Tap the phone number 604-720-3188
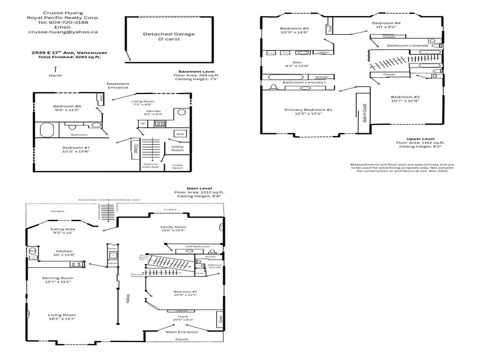pos(63,22)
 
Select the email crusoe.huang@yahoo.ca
pos(63,32)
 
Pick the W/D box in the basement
pos(180,134)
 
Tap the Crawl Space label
pos(177,165)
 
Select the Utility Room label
pos(177,149)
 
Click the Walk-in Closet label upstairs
pos(364,113)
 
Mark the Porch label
pos(182,339)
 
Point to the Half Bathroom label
pos(197,247)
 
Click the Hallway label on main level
pos(127,299)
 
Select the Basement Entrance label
pos(118,86)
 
